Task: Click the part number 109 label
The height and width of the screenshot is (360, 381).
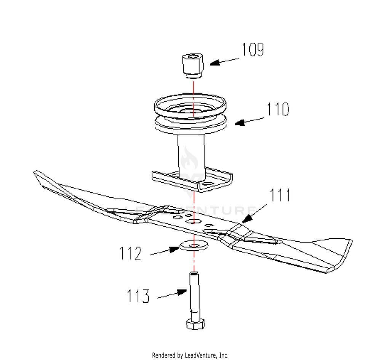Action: [253, 50]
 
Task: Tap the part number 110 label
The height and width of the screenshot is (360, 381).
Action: [278, 109]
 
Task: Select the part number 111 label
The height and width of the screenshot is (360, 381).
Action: [280, 195]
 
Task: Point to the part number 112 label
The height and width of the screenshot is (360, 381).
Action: [131, 254]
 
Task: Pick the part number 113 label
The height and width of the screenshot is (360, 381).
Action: [138, 296]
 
